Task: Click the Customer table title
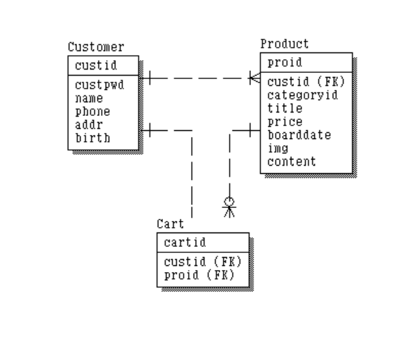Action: [x=96, y=48]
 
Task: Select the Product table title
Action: [x=284, y=44]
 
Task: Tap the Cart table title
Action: [x=171, y=224]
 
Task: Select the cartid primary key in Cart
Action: [x=181, y=242]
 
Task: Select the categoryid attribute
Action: [x=302, y=95]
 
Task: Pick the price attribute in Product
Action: [x=284, y=122]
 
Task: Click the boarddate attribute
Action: [x=299, y=135]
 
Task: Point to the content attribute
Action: [x=291, y=162]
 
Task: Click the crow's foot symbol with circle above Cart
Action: [x=230, y=207]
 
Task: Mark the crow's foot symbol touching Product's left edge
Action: [x=254, y=79]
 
